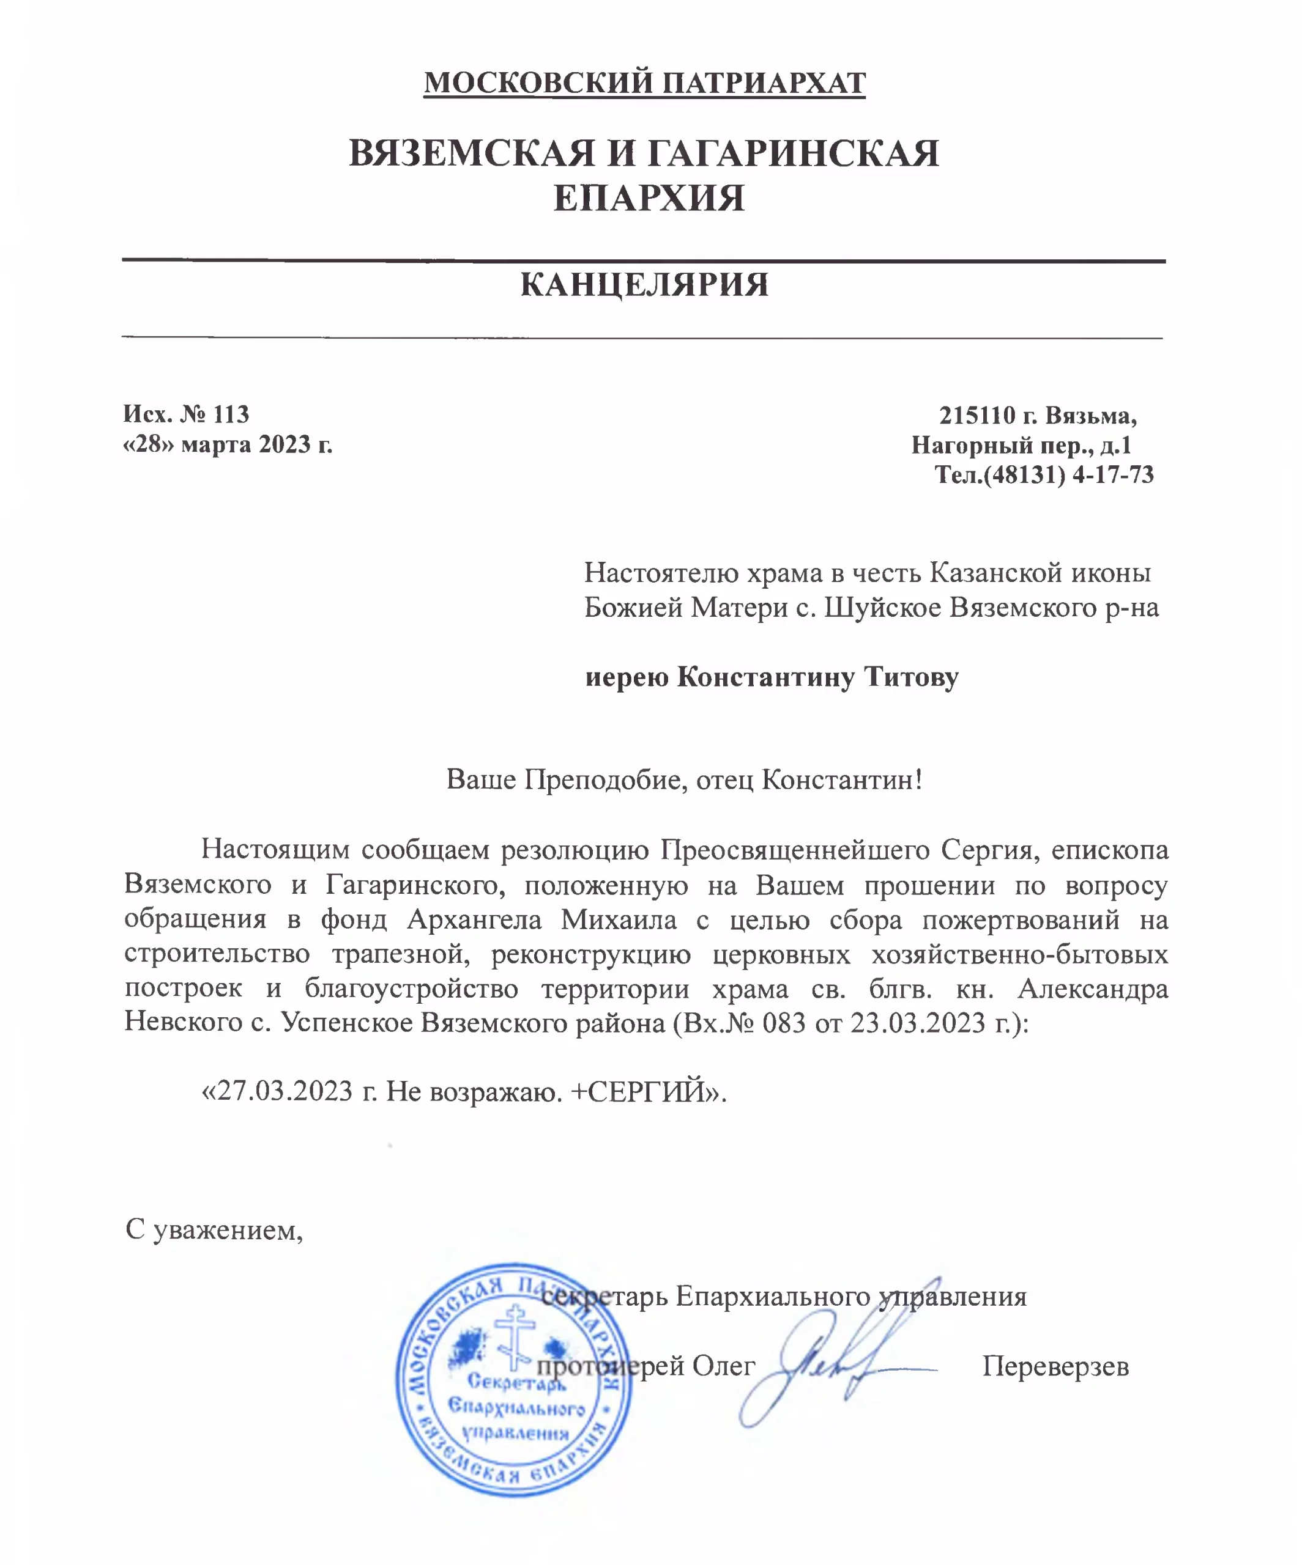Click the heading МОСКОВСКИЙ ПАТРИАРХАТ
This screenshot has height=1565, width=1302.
[x=644, y=82]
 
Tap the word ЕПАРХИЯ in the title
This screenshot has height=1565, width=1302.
[x=649, y=198]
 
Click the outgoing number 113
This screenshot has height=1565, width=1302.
[x=231, y=414]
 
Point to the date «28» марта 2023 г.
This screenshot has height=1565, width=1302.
[x=228, y=444]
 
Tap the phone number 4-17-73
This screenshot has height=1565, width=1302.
[x=1112, y=475]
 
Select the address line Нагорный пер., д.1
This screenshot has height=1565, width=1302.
[x=1022, y=445]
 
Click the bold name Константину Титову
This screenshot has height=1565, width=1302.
[x=817, y=677]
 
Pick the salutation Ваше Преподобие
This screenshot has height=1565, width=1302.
[x=567, y=779]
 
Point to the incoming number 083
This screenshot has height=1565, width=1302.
[x=784, y=1023]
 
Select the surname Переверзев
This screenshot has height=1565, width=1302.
[x=1055, y=1366]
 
